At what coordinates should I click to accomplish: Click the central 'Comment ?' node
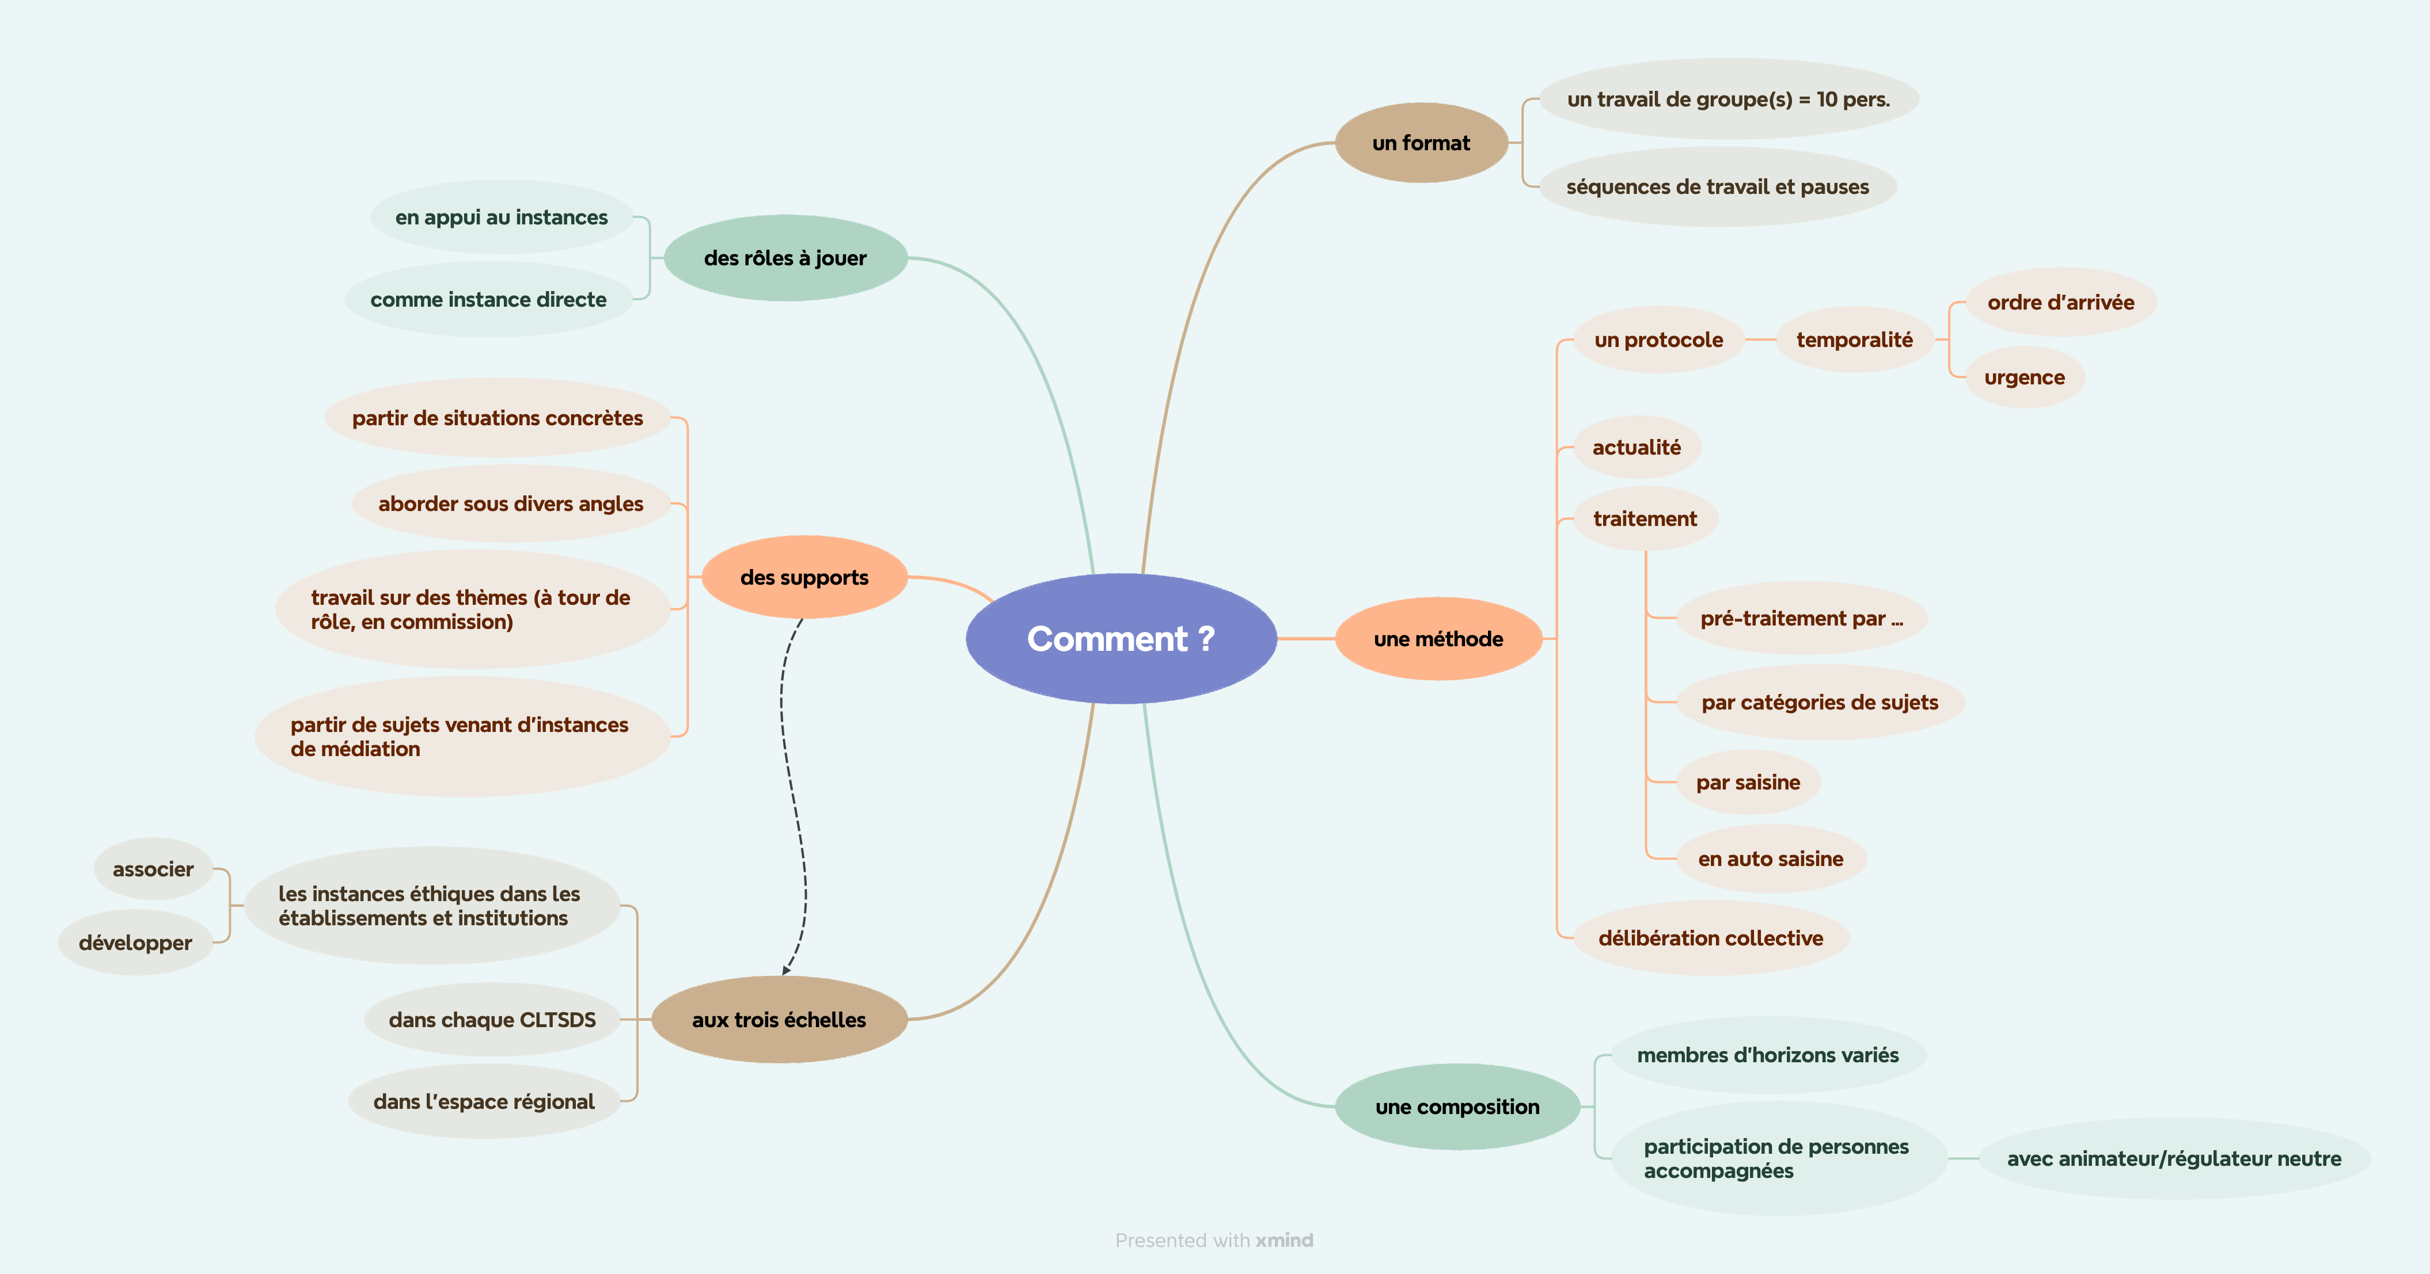1121,638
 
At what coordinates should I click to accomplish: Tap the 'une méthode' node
1438,638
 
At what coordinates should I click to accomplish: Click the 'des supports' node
804,577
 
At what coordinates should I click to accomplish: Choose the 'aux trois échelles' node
779,1020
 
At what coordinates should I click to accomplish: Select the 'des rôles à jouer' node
785,257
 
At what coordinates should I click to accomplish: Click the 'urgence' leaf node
2025,377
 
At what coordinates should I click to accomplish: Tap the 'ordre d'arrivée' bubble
2060,302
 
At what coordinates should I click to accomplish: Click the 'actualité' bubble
1637,447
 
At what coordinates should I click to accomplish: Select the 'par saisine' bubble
1748,782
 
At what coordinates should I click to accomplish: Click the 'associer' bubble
153,868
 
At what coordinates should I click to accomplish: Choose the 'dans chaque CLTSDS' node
492,1020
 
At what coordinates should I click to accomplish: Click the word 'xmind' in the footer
1284,1240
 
